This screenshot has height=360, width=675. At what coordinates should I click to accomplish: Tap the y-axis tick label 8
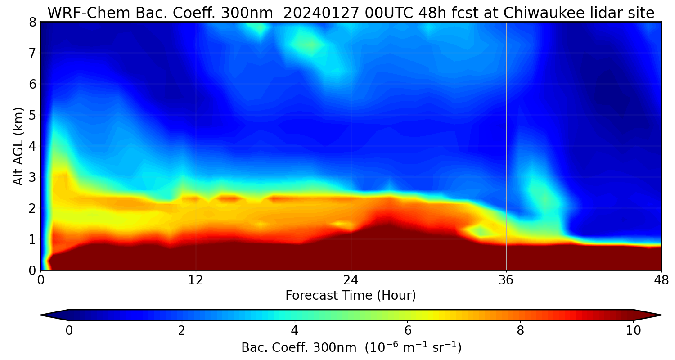coord(33,22)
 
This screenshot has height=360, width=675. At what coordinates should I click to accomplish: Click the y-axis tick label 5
coord(33,115)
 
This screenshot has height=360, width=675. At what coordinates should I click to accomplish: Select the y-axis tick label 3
coord(33,177)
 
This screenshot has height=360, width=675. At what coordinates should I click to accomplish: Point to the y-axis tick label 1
coord(33,239)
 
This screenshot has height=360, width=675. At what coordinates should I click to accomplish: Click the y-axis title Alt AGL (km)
coord(18,146)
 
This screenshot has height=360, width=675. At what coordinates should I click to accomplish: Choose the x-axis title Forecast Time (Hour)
coord(351,296)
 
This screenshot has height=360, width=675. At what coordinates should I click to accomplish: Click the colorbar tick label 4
coord(295,331)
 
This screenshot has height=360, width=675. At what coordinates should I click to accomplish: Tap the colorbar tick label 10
coord(633,331)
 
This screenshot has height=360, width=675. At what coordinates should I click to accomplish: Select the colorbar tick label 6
coord(407,331)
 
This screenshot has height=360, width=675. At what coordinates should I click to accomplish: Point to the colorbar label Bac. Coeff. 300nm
coord(301,348)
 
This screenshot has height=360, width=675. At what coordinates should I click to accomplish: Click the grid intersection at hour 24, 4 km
coord(351,146)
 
